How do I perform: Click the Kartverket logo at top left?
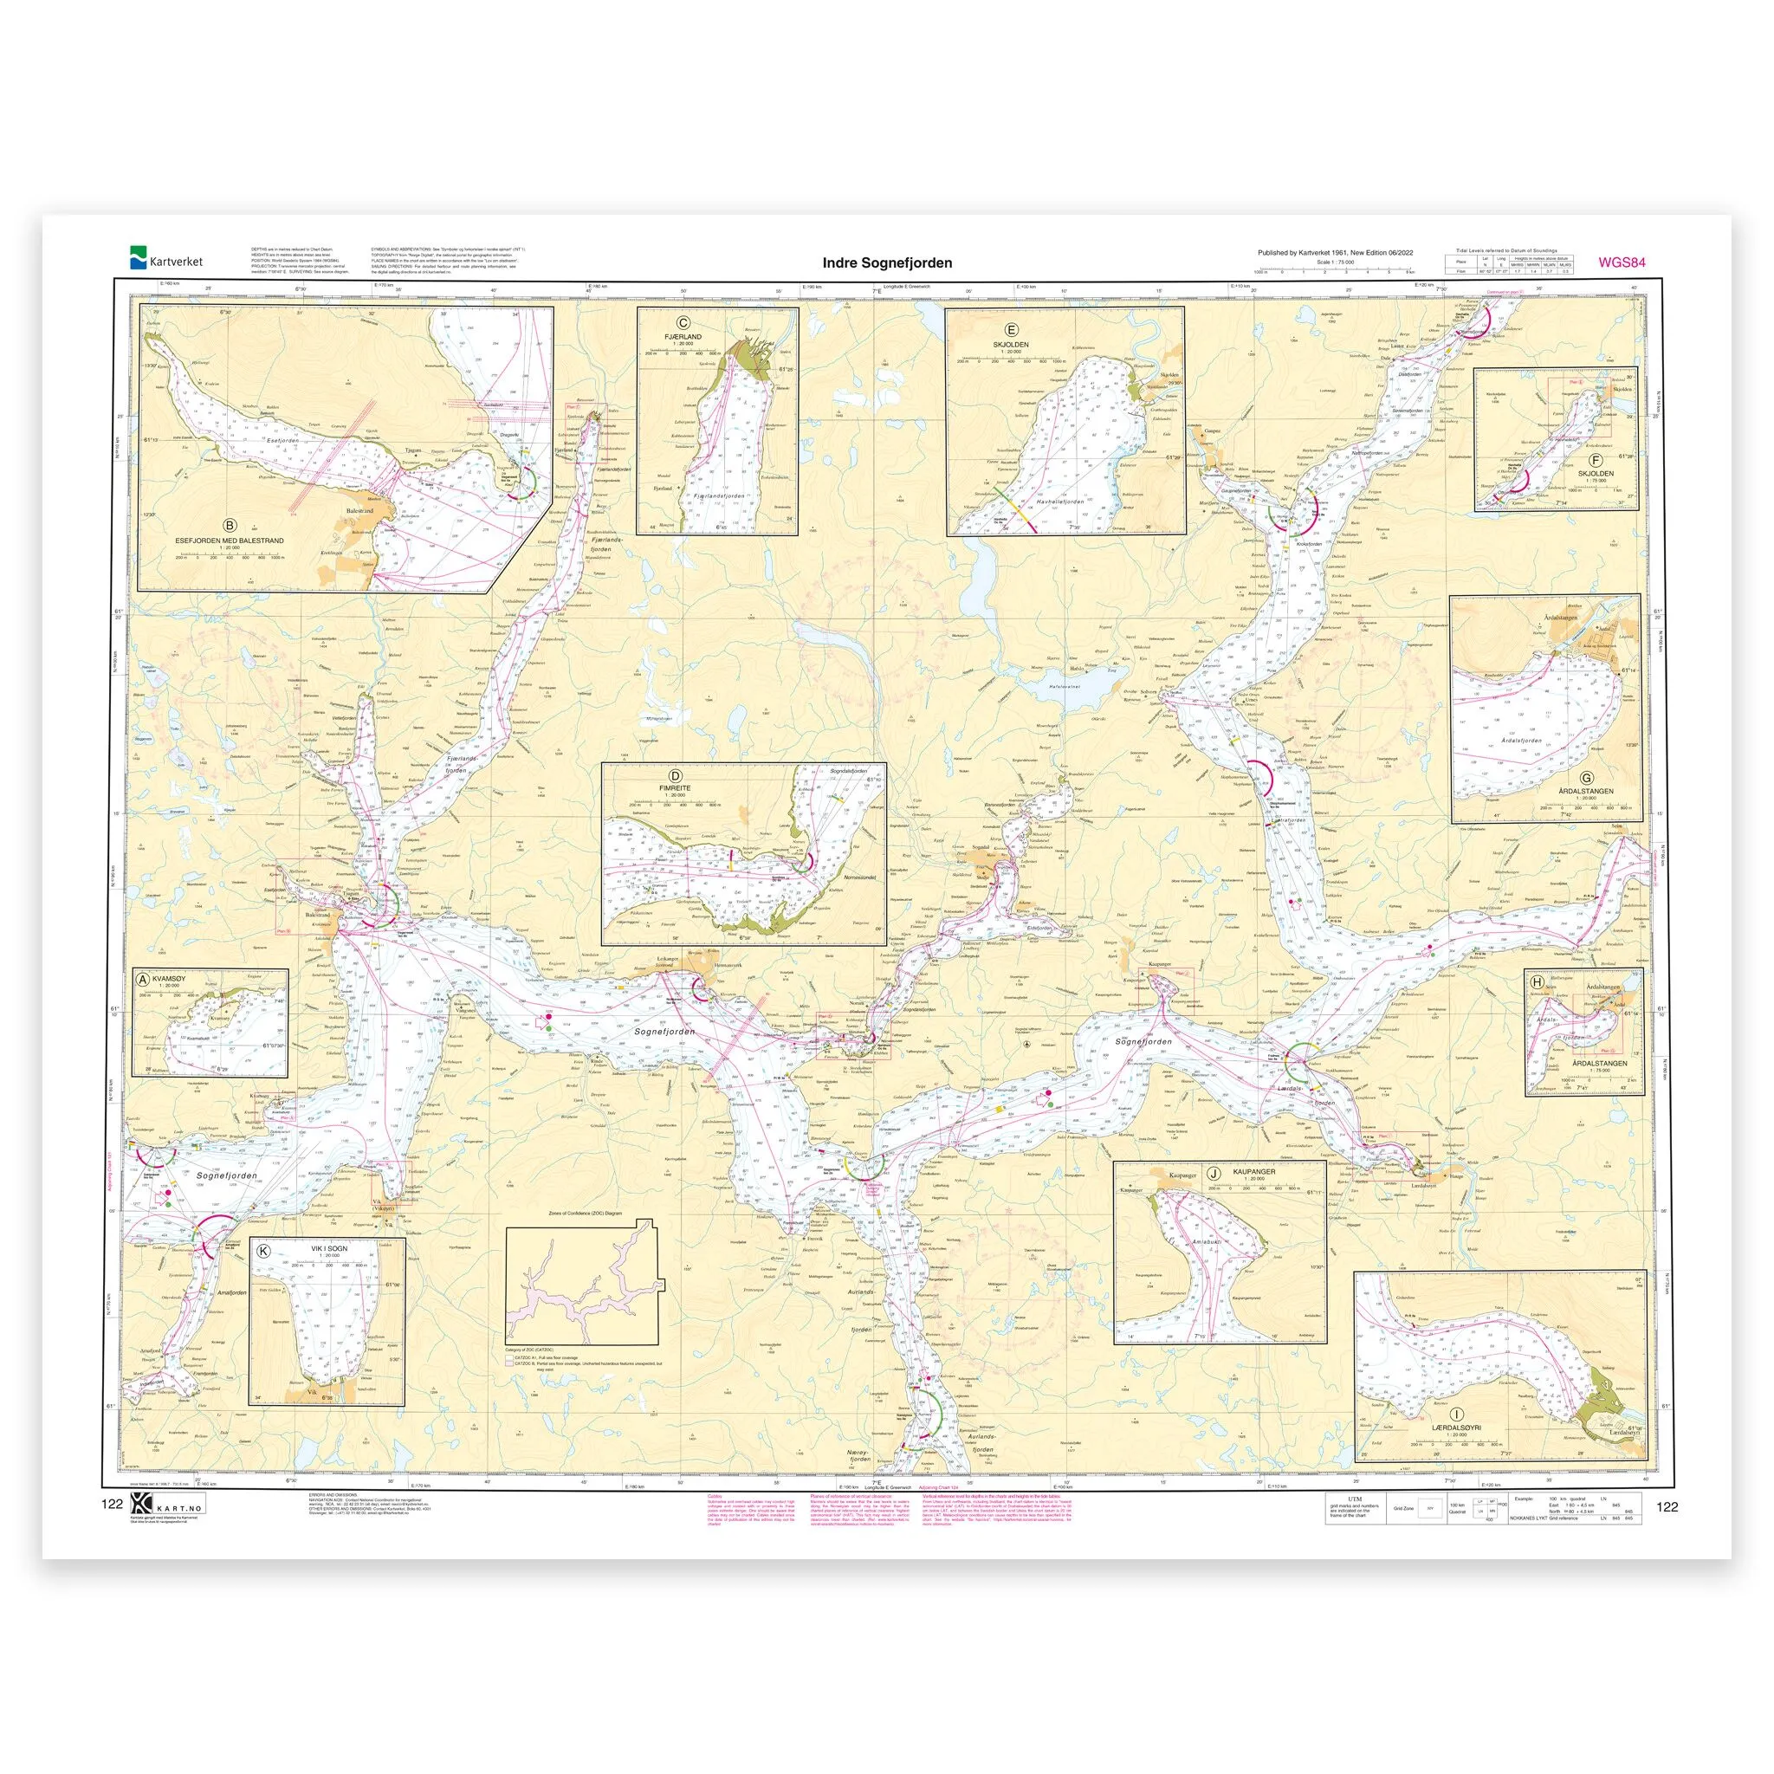click(165, 260)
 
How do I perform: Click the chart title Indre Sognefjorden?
click(887, 262)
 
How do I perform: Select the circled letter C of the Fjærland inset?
click(683, 322)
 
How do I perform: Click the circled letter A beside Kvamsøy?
click(143, 979)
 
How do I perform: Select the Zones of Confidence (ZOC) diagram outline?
click(580, 1285)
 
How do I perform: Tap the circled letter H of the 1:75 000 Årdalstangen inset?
click(1536, 982)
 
